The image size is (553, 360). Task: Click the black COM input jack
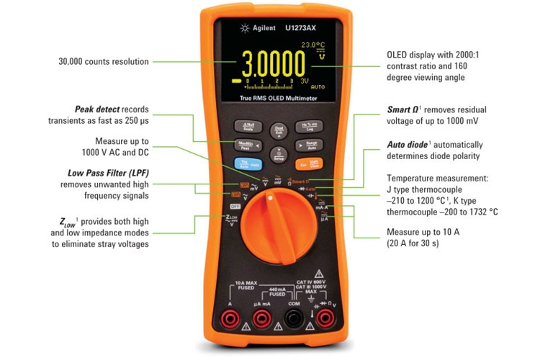pyautogui.click(x=293, y=318)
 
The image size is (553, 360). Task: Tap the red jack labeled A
pyautogui.click(x=230, y=318)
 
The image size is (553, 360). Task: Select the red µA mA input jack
pyautogui.click(x=261, y=318)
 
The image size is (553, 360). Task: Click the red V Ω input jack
pyautogui.click(x=325, y=318)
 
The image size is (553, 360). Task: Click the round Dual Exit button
pyautogui.click(x=278, y=130)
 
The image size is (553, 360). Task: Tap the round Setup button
pyautogui.click(x=278, y=154)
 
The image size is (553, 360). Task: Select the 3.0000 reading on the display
pyautogui.click(x=273, y=65)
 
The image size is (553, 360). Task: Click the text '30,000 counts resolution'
pyautogui.click(x=103, y=62)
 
